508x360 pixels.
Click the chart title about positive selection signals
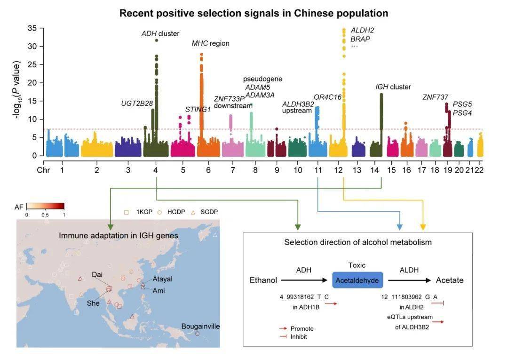click(x=254, y=13)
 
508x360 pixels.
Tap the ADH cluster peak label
click(x=160, y=33)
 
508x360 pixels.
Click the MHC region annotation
click(x=210, y=43)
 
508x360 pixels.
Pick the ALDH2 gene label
click(x=362, y=30)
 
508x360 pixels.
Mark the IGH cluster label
click(x=393, y=87)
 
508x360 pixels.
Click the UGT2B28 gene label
click(x=137, y=103)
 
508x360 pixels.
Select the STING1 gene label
click(x=198, y=109)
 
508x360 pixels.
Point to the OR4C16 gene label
click(x=327, y=97)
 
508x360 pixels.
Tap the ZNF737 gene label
click(x=435, y=97)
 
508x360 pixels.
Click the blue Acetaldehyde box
click(x=357, y=280)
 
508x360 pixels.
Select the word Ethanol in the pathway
click(x=263, y=280)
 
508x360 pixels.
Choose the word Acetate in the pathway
click(x=450, y=280)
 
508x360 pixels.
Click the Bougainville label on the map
click(x=200, y=326)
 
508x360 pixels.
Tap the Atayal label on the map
click(x=162, y=279)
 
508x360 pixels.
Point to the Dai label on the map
click(x=97, y=274)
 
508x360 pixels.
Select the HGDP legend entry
click(x=175, y=212)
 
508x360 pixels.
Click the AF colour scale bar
click(x=45, y=206)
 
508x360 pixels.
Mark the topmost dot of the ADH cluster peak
click(x=156, y=40)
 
